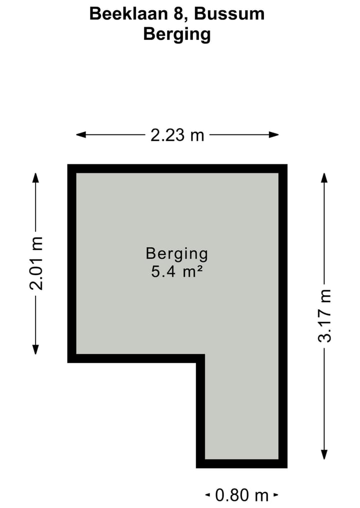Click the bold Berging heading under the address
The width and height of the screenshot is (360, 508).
click(177, 34)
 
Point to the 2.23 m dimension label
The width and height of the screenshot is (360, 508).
click(177, 135)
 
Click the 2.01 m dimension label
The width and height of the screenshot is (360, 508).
click(36, 263)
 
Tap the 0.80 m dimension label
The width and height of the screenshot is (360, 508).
click(242, 495)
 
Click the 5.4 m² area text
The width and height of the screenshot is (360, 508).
click(176, 273)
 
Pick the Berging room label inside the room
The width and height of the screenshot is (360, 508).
click(176, 254)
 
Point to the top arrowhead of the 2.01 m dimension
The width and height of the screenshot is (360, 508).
click(35, 177)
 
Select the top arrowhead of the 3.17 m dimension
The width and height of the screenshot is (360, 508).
click(324, 177)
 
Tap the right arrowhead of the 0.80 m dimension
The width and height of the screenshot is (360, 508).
click(275, 495)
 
